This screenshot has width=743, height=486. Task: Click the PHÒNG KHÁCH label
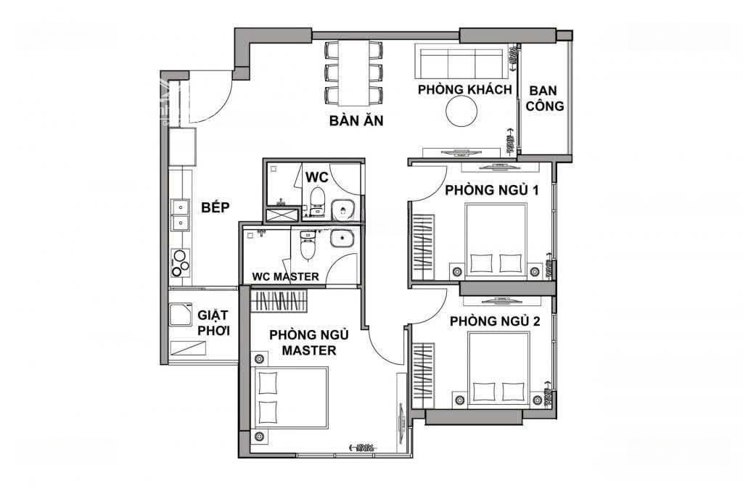tap(464, 89)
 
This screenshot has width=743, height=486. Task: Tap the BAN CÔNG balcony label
tap(544, 98)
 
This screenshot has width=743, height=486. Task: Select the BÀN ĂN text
tap(356, 120)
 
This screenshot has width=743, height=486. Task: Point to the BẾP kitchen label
tap(215, 207)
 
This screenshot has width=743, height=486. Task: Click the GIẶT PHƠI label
tap(214, 323)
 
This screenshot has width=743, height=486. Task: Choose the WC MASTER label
tap(285, 276)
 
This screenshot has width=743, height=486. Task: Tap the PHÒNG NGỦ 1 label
tap(491, 190)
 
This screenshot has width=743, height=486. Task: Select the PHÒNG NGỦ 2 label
tap(495, 321)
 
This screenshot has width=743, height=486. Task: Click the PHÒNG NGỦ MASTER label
tap(309, 342)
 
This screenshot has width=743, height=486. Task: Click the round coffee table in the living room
tap(461, 111)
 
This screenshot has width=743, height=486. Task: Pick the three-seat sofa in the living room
tap(459, 61)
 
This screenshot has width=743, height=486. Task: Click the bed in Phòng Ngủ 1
tap(496, 241)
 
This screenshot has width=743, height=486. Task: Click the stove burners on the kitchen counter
tap(180, 263)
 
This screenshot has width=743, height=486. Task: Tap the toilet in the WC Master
tap(308, 244)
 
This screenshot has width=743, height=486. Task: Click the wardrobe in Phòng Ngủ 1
tap(424, 247)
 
